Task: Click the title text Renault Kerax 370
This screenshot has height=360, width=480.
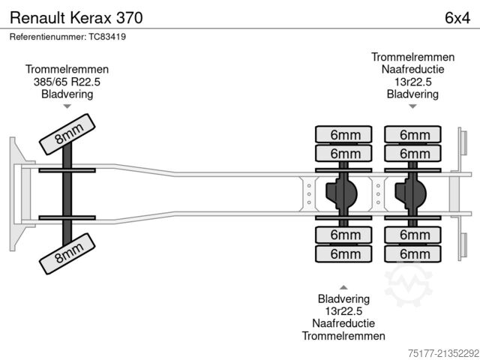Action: tap(73, 16)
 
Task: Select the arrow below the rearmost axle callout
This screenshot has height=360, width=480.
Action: tap(412, 107)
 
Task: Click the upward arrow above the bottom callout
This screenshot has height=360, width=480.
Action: tap(343, 286)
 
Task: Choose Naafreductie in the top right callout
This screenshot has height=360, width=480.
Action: tap(412, 69)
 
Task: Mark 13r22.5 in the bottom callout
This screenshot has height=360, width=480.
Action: tap(343, 310)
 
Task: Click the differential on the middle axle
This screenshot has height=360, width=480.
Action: tap(342, 193)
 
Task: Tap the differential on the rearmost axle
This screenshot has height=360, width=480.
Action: tap(411, 193)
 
